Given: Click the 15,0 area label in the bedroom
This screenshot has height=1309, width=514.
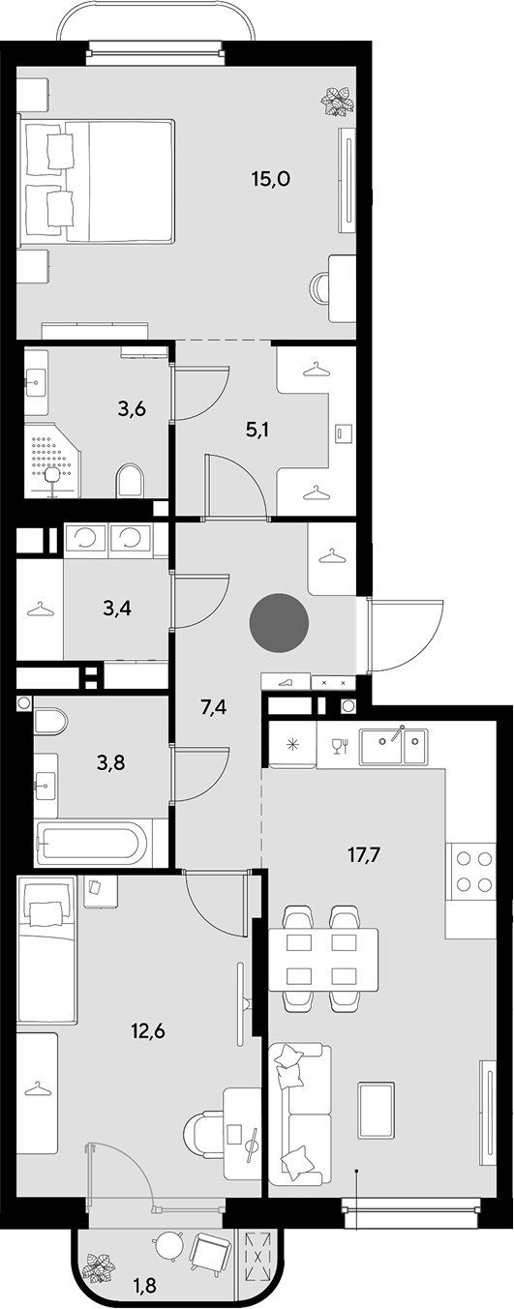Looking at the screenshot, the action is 271,179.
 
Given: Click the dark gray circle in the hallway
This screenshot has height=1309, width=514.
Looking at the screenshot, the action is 279,623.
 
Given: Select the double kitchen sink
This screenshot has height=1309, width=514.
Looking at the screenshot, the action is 393,746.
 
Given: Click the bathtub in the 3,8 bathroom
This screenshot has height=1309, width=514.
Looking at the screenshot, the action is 95,845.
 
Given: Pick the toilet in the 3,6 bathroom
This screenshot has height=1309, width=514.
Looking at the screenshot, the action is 130,481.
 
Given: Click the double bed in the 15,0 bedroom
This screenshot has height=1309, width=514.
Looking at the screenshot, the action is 97,181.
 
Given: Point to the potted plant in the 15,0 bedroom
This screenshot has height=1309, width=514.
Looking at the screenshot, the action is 337,101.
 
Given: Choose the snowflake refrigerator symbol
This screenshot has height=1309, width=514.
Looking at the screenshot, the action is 291,745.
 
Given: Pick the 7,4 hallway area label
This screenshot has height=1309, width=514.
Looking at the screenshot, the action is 213,707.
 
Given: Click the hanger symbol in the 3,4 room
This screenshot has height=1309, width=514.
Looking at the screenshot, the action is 39,609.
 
